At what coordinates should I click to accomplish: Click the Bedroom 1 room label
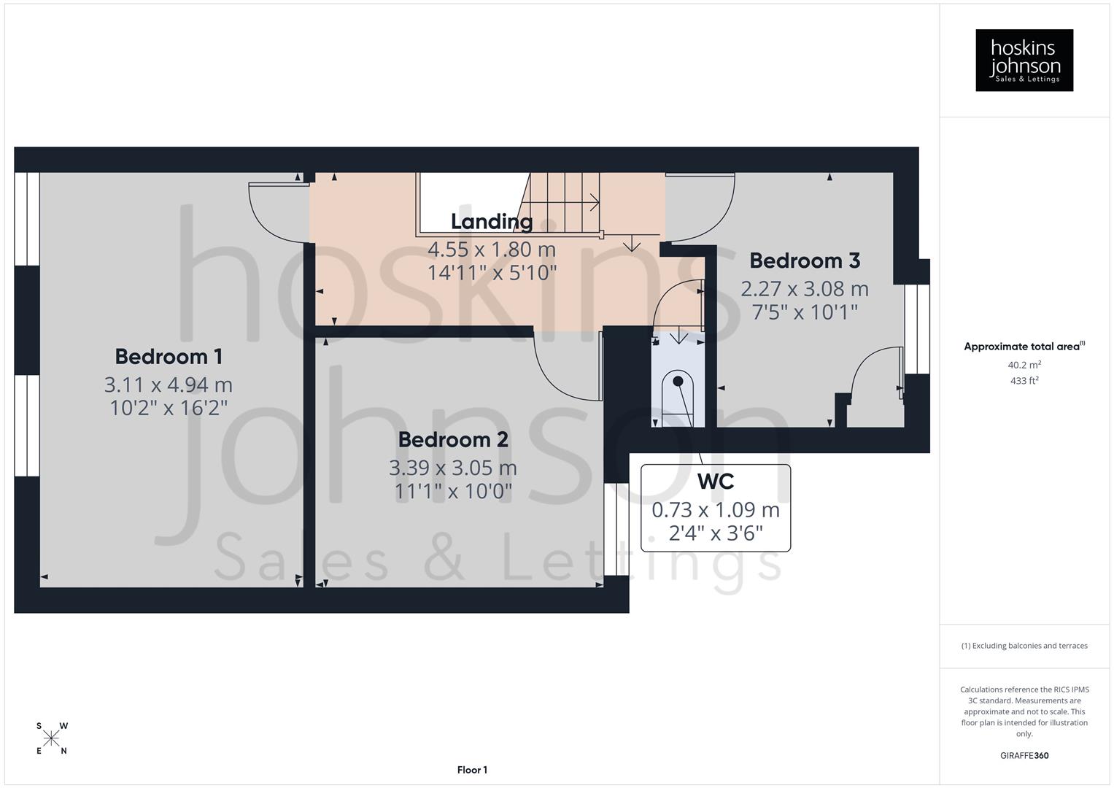(169, 356)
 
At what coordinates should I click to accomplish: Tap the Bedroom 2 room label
(453, 439)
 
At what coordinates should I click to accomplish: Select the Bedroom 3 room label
(805, 260)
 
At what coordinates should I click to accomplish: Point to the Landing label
(491, 221)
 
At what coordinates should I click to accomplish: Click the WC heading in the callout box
(715, 482)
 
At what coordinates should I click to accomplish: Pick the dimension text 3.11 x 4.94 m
(169, 384)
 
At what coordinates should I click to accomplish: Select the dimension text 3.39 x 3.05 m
(453, 467)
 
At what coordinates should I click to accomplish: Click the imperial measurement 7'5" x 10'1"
(805, 312)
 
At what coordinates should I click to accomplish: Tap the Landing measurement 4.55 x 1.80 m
(491, 250)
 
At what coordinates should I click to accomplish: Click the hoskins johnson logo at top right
(1024, 61)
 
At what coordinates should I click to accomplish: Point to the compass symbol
(51, 738)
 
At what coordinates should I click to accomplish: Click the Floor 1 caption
(472, 770)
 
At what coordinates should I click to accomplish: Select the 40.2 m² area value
(1024, 365)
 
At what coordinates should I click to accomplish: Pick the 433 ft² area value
(1024, 380)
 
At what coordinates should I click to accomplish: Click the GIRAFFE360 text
(1024, 755)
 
